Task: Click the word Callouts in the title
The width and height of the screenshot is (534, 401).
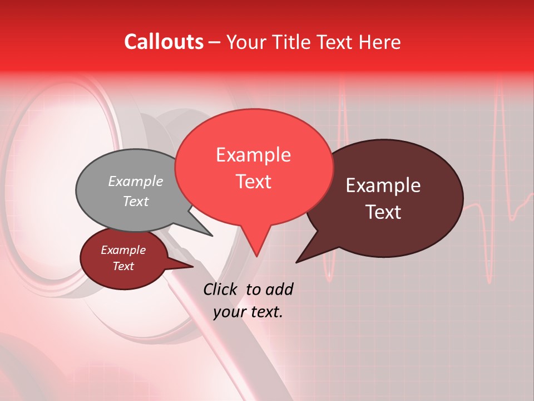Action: pyautogui.click(x=164, y=42)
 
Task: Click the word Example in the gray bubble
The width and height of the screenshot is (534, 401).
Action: pyautogui.click(x=136, y=181)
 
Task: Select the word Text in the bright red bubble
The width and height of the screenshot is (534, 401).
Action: pyautogui.click(x=254, y=182)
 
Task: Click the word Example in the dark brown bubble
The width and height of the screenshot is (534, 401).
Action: pyautogui.click(x=383, y=185)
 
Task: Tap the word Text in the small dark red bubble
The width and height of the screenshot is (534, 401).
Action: pyautogui.click(x=123, y=266)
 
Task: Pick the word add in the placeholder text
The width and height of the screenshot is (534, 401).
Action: pyautogui.click(x=279, y=289)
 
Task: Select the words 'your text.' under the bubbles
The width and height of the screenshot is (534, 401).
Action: pyautogui.click(x=248, y=312)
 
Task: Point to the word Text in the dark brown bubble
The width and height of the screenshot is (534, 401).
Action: pyautogui.click(x=384, y=212)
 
